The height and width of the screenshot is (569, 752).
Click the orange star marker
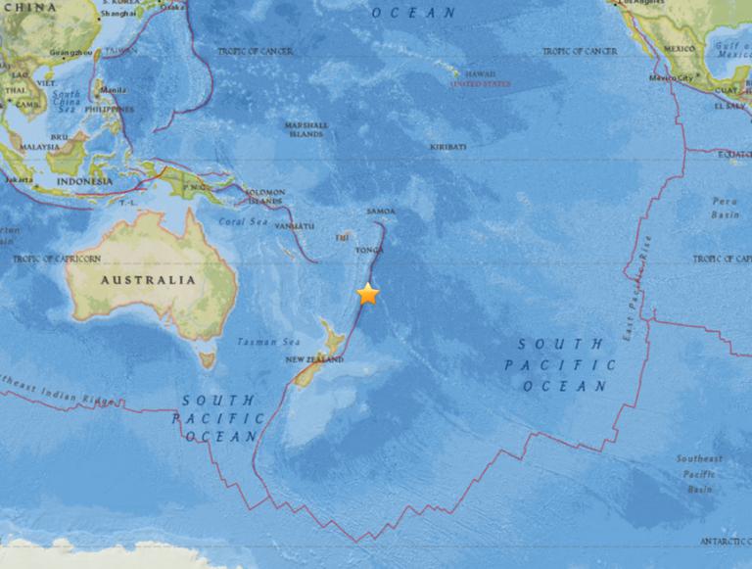tap(367, 294)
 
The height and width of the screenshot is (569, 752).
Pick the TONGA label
tap(368, 251)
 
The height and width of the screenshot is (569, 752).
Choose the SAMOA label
tap(381, 211)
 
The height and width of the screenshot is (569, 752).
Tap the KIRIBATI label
tap(448, 147)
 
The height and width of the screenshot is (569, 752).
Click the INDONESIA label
tap(83, 181)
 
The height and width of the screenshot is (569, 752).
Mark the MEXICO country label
tap(679, 48)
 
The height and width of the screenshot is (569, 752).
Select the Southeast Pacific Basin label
tap(699, 473)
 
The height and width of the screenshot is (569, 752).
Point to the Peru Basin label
tap(725, 208)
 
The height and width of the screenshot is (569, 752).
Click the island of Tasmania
tap(207, 359)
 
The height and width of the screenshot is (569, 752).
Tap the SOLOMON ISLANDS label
tap(264, 196)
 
